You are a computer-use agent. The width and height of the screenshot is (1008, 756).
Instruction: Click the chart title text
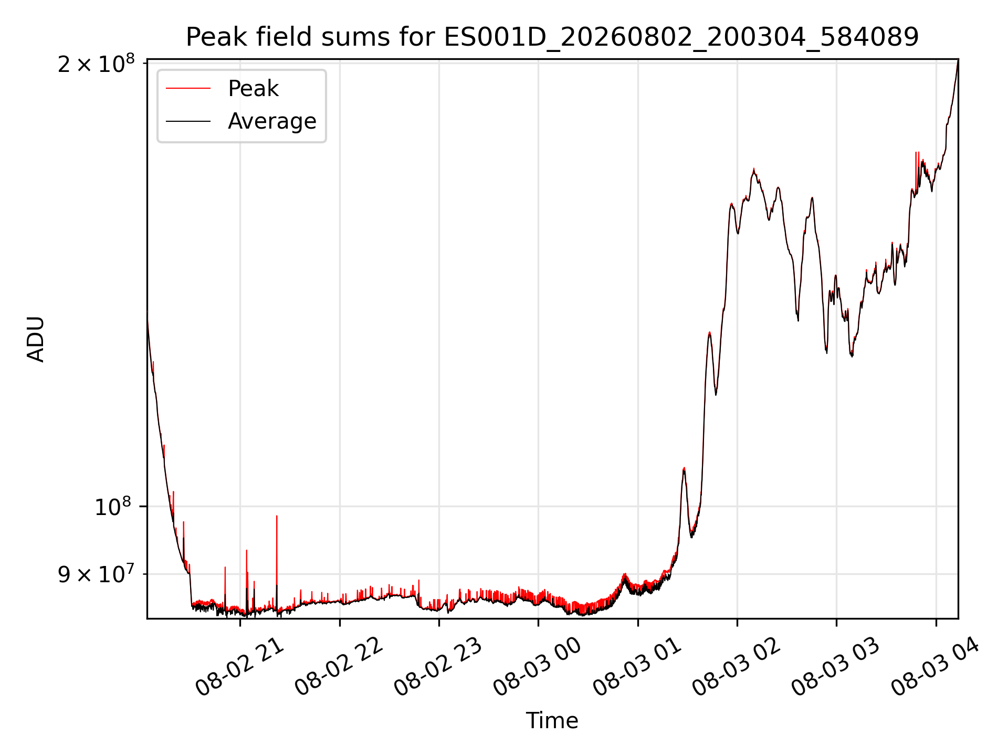click(552, 37)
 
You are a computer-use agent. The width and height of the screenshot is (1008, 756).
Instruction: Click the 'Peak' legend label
click(253, 89)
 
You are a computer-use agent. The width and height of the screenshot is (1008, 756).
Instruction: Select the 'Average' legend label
click(272, 121)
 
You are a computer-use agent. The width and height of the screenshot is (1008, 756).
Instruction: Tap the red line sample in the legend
click(188, 89)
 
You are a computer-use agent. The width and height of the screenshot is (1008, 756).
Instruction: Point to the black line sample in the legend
click(188, 121)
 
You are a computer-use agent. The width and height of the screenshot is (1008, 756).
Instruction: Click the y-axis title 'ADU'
click(36, 339)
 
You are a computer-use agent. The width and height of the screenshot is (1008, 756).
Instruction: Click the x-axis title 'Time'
click(552, 721)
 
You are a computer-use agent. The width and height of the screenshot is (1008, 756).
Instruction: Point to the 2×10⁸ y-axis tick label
click(96, 64)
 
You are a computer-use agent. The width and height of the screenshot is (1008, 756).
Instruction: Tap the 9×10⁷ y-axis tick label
click(96, 574)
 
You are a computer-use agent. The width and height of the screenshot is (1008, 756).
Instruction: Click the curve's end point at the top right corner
click(958, 59)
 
